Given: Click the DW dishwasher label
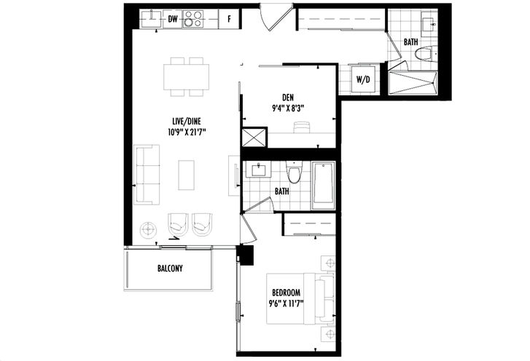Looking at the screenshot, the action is [x=173, y=19].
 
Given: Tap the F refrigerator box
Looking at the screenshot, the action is [x=229, y=19].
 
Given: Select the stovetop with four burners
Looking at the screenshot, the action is [x=193, y=19].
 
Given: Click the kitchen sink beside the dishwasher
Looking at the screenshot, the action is [x=152, y=18].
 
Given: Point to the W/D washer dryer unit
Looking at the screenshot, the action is [x=363, y=79].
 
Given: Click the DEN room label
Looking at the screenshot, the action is [x=288, y=98].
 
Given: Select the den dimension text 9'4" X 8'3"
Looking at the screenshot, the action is [x=288, y=108].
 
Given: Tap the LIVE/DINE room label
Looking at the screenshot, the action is [x=187, y=121].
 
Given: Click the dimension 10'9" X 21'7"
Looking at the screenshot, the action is [x=187, y=132].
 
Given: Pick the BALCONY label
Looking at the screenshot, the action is [x=170, y=269].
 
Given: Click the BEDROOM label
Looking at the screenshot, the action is [x=286, y=293].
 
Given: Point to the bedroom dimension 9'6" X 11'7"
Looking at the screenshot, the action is [x=286, y=304].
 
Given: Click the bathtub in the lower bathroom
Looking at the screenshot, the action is [x=324, y=186].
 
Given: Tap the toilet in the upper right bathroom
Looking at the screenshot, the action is [x=424, y=54].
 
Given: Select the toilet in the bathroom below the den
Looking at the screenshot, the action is [x=294, y=172].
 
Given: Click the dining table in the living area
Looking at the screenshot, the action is [x=186, y=77].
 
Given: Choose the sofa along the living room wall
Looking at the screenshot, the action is [x=147, y=175].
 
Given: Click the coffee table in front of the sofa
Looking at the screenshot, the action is [x=186, y=175].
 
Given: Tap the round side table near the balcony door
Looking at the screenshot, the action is [x=149, y=230].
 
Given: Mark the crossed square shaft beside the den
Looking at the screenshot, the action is [x=254, y=137].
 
